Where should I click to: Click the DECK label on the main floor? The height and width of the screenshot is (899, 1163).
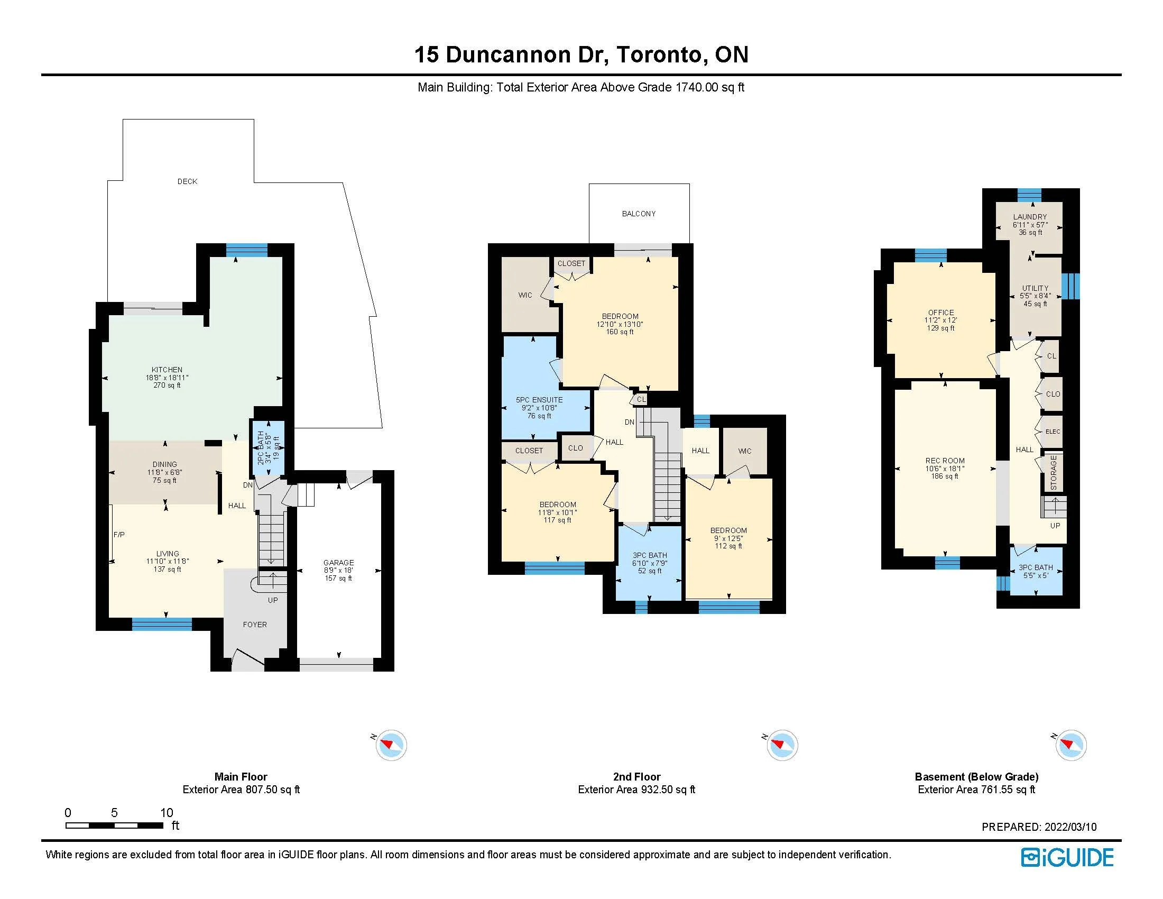click(x=188, y=181)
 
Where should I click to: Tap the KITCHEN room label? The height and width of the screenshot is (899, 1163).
click(x=167, y=370)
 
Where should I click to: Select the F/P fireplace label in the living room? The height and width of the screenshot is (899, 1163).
click(x=119, y=535)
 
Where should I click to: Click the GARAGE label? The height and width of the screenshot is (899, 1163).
click(x=339, y=563)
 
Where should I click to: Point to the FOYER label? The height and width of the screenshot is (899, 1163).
click(x=255, y=625)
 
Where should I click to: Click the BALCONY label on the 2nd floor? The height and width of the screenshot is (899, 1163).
click(x=639, y=214)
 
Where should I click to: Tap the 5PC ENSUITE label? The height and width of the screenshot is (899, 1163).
click(x=539, y=400)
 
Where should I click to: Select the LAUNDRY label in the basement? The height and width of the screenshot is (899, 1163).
click(x=1030, y=217)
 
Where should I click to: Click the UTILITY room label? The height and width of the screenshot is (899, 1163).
click(x=1035, y=288)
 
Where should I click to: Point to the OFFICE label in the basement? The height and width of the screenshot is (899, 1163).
click(x=941, y=313)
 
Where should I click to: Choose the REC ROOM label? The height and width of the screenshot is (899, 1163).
click(x=945, y=461)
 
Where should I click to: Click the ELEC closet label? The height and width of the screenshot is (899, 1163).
click(x=1053, y=432)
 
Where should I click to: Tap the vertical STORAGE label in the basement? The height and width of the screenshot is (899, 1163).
click(x=1054, y=472)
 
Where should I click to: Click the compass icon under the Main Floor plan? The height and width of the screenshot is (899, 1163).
click(x=391, y=745)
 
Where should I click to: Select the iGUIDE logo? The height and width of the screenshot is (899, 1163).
click(x=1067, y=857)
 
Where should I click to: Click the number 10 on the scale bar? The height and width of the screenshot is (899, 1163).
click(x=167, y=813)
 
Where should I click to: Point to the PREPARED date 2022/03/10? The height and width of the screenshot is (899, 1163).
click(x=1070, y=827)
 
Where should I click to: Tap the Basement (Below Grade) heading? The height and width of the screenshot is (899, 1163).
click(x=976, y=777)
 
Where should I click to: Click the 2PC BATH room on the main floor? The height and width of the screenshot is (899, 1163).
click(x=268, y=447)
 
